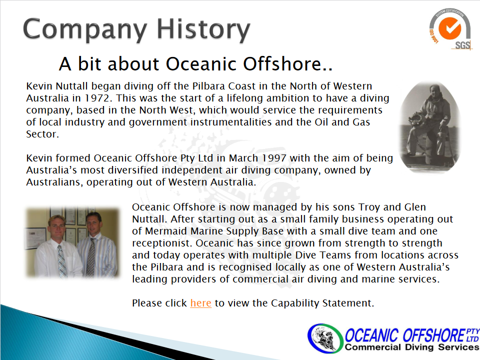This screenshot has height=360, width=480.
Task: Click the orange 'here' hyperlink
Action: click(x=201, y=303)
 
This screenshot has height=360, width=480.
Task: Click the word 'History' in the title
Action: click(x=203, y=29)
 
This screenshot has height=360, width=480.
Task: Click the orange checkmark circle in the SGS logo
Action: click(x=449, y=28)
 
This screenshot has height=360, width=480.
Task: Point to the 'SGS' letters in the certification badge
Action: click(x=462, y=45)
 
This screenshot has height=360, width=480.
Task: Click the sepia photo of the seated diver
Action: click(x=430, y=127)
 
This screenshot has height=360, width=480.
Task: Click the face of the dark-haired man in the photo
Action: click(x=93, y=222)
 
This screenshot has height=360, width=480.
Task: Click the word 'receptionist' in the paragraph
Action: click(x=162, y=243)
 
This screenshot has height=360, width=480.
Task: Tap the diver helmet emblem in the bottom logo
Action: click(x=324, y=338)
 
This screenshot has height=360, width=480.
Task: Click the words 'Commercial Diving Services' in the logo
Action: click(x=411, y=347)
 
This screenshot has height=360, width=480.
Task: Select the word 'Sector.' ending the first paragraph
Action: click(x=42, y=134)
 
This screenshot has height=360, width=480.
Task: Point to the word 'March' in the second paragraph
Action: click(x=243, y=158)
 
